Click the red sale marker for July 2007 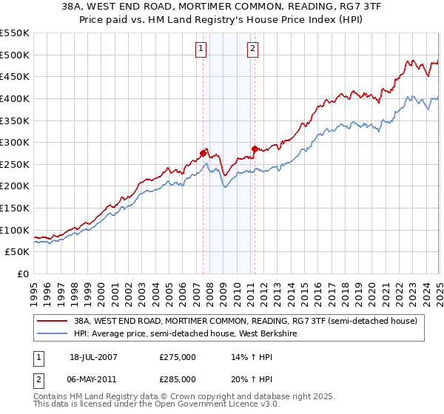point(203,153)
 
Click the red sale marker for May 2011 point(254,149)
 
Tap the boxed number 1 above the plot point(201,50)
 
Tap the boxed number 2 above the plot point(252,50)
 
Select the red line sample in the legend point(53,321)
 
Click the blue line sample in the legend point(53,334)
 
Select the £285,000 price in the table point(178,379)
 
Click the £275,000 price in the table point(178,356)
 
